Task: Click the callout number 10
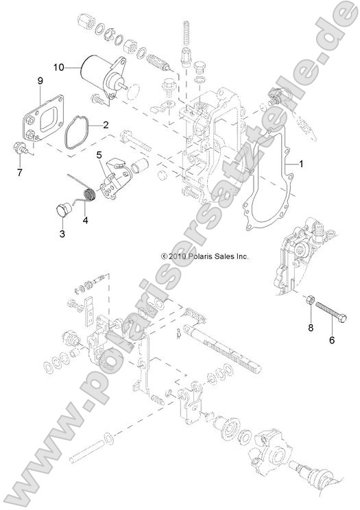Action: click(x=59, y=67)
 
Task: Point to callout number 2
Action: click(x=106, y=125)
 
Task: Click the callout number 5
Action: click(x=99, y=154)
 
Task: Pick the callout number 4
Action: click(x=86, y=220)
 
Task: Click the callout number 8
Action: click(x=310, y=328)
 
